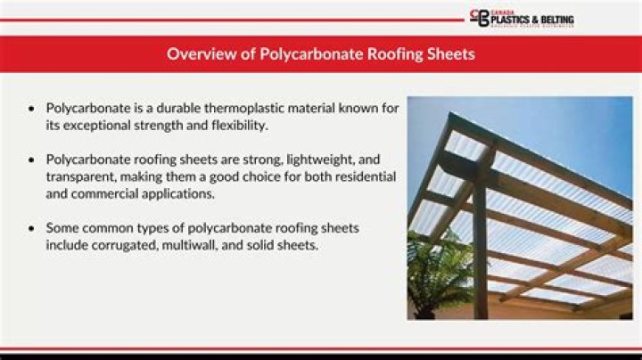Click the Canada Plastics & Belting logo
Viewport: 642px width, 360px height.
[x=522, y=19]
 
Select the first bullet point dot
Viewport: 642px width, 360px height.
[x=33, y=108]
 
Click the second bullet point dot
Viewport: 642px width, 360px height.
[x=33, y=160]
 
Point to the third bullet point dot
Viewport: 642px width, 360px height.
[x=33, y=229]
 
